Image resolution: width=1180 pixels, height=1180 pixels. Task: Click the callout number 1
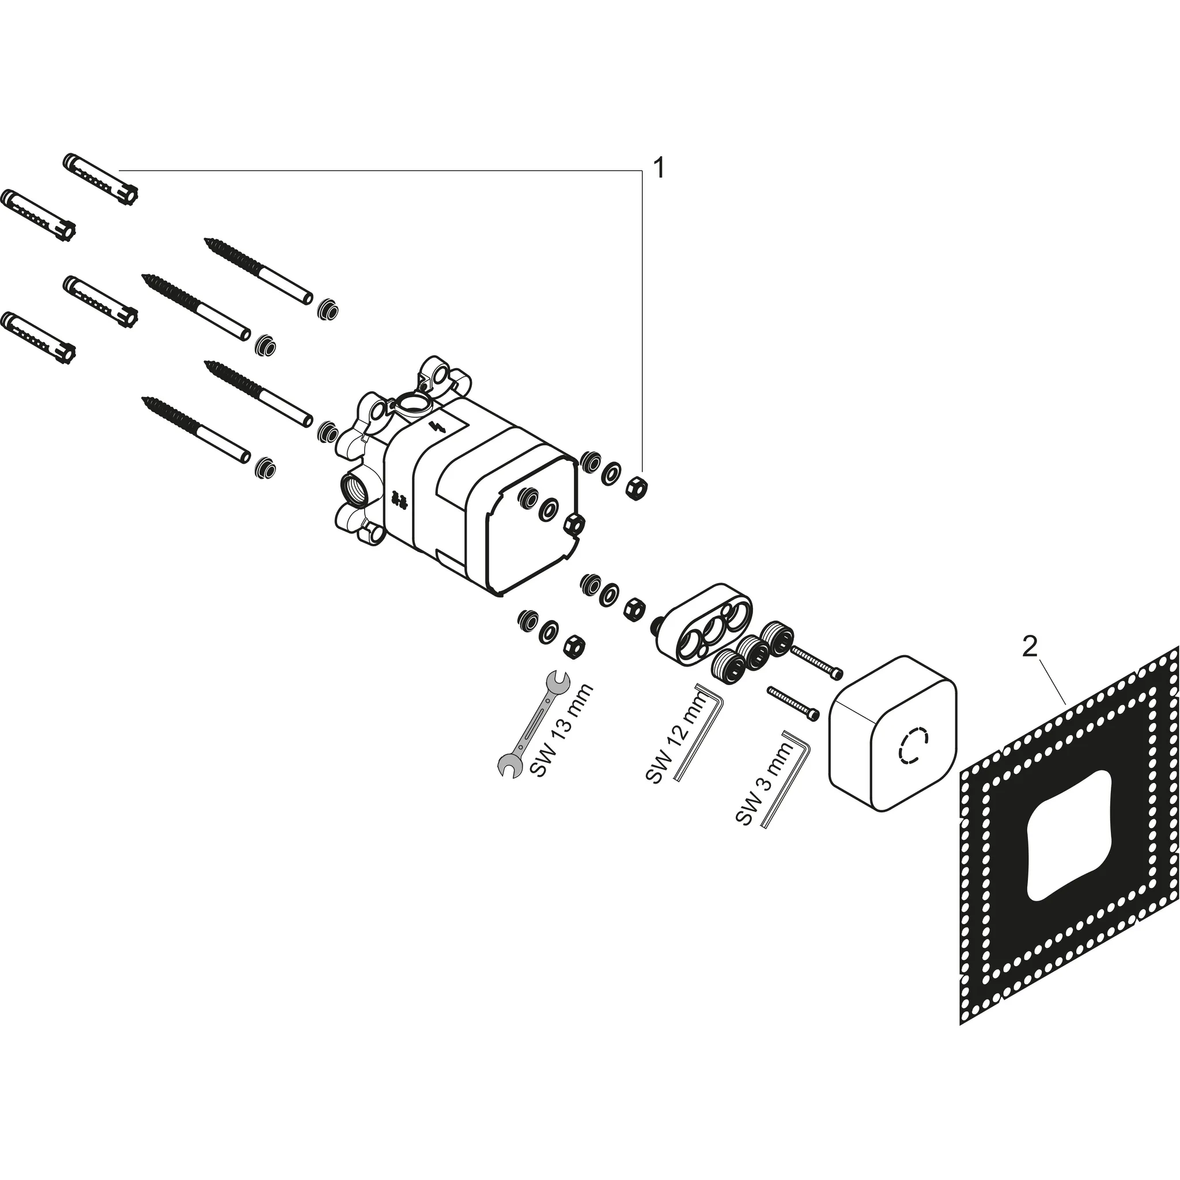coord(658,167)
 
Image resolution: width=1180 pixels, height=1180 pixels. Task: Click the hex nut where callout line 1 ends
coord(637,487)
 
